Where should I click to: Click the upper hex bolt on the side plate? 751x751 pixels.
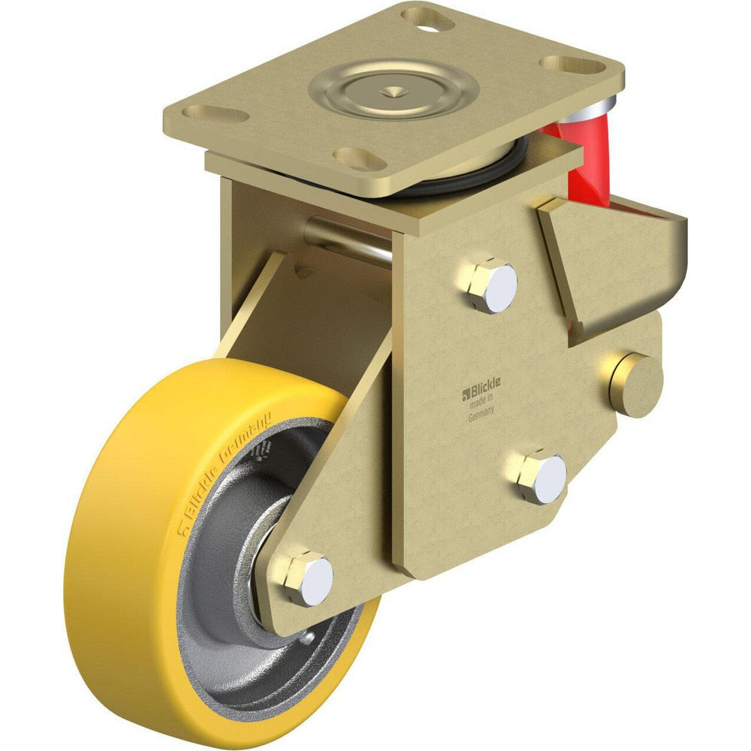click(x=490, y=285)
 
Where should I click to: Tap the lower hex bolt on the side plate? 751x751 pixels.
click(x=541, y=478)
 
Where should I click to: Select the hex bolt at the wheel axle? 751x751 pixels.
click(x=308, y=578)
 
